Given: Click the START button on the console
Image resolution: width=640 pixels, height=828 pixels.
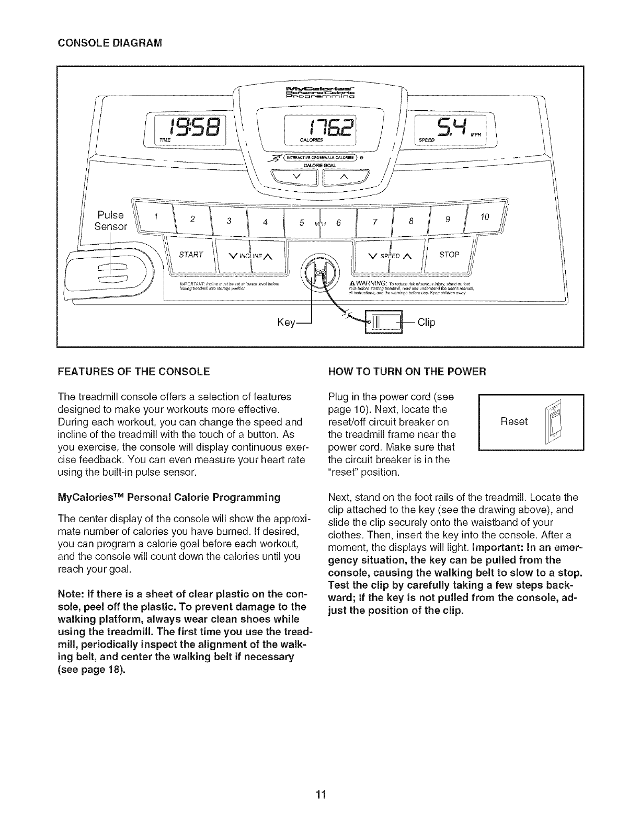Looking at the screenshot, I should (x=190, y=255).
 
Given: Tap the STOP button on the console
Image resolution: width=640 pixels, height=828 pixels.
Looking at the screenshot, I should (x=449, y=255).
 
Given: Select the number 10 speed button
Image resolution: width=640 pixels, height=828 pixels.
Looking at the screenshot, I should (x=485, y=216).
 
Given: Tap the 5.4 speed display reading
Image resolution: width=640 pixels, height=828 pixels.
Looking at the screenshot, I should (x=451, y=128).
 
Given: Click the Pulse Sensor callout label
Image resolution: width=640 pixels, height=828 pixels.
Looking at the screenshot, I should (x=110, y=221).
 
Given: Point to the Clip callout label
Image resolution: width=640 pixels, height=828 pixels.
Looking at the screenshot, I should (x=426, y=323).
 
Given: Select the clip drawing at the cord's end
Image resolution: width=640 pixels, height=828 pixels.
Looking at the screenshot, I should (x=383, y=323).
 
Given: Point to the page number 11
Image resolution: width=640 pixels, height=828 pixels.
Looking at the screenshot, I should (x=320, y=795).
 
